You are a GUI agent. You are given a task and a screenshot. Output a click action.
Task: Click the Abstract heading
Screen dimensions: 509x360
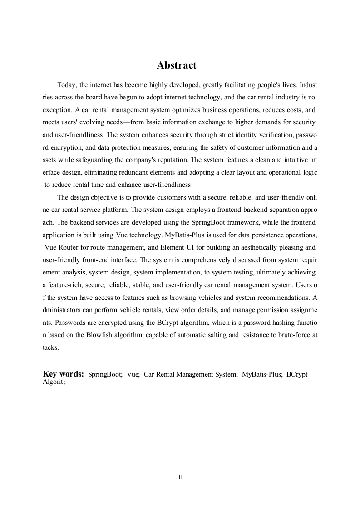click(x=177, y=65)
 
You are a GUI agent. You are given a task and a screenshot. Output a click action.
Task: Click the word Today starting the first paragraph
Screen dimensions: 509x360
click(x=66, y=85)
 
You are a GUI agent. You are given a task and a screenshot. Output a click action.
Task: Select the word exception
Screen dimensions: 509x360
click(x=55, y=110)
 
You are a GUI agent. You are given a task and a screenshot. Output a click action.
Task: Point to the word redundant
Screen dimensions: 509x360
click(x=149, y=172)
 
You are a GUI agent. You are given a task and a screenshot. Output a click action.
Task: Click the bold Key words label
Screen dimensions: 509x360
click(x=63, y=374)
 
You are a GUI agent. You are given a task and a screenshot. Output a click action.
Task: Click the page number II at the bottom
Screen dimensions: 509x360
click(x=180, y=476)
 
